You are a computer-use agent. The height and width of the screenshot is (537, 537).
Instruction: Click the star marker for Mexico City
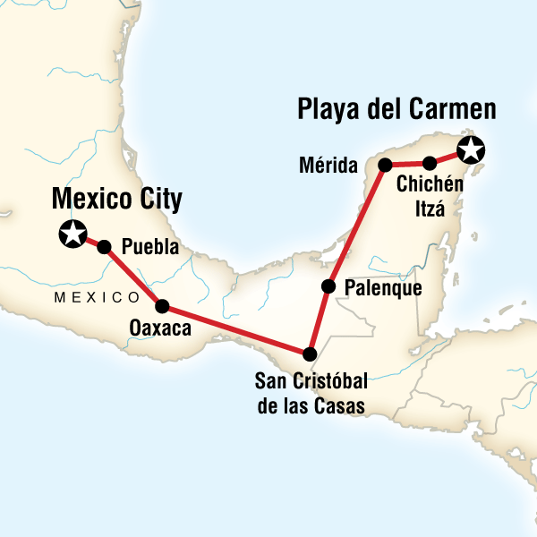pos(71,234)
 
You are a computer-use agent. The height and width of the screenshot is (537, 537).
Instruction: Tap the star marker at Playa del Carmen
pos(471,150)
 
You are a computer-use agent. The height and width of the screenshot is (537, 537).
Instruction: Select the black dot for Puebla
pos(104,247)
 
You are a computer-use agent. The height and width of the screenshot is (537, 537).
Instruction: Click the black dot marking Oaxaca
pos(162,305)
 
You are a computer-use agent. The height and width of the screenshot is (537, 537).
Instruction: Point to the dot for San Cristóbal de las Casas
pos(310,353)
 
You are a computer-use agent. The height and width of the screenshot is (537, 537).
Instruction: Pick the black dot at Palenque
pos(328,287)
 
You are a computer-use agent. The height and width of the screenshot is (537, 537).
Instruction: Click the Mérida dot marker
pos(386,165)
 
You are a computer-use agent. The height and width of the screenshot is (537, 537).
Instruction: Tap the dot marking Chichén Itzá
pos(430,163)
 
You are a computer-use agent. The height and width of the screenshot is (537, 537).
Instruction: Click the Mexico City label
pos(116,198)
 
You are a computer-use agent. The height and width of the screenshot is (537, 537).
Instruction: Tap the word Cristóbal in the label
pos(327,387)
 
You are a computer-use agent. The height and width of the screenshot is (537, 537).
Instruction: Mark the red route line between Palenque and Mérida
pos(357,226)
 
